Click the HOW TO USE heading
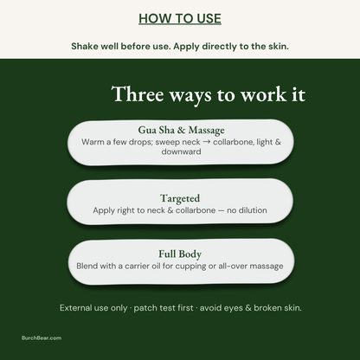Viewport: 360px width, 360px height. click(180, 19)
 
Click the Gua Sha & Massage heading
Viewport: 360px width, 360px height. click(181, 130)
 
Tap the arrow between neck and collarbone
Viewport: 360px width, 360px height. click(207, 142)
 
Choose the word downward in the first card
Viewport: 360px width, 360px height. click(181, 151)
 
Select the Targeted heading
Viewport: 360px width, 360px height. click(180, 198)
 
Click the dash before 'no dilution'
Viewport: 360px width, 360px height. click(221, 210)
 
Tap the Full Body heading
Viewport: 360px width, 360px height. click(180, 254)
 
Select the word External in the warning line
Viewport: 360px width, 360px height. click(75, 308)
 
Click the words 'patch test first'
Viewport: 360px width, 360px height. click(164, 308)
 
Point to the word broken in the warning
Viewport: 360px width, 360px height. click(267, 308)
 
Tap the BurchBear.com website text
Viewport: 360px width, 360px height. click(42, 337)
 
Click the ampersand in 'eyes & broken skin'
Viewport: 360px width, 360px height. click(248, 308)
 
